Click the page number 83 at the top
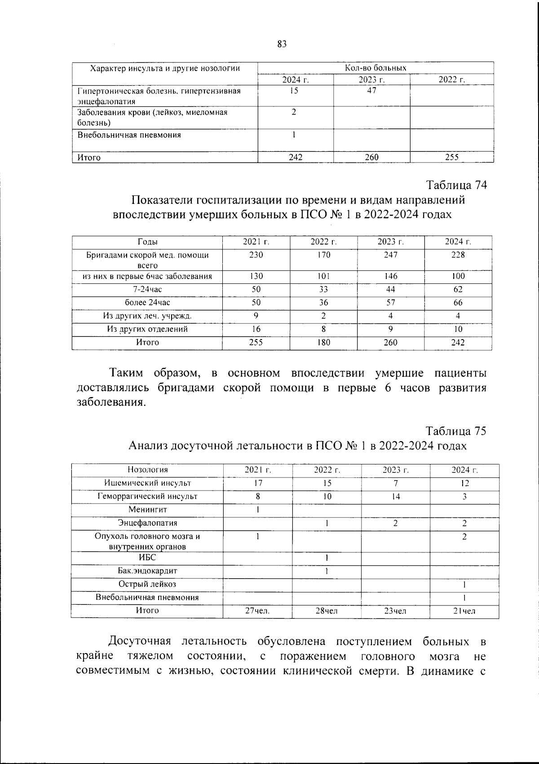pos(282,44)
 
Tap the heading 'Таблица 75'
pos(456,431)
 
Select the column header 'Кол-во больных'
pos(376,68)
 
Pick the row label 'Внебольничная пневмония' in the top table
pos(129,135)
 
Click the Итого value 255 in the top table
pos(451,157)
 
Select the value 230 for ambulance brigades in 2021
pos(256,255)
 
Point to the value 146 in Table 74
pos(390,276)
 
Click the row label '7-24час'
pos(147,290)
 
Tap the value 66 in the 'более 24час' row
pos(458,303)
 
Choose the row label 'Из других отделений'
pos(147,329)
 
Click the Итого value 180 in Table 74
pos(323,342)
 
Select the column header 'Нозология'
pos(147,470)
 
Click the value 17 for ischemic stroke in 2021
pos(258,483)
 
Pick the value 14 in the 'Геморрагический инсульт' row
pos(395,497)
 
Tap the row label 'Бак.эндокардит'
pos(147,571)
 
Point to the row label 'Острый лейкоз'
pos(147,584)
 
